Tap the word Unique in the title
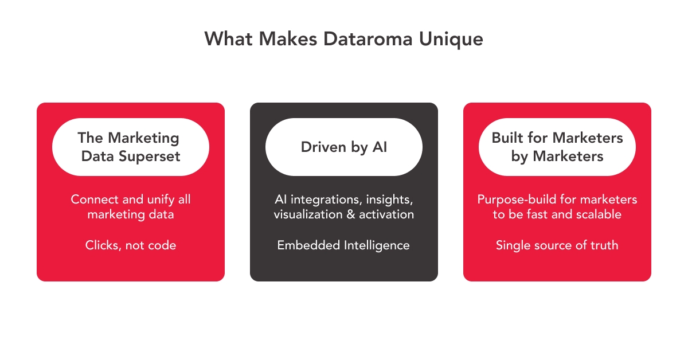(x=453, y=39)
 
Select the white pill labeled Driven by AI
(x=344, y=147)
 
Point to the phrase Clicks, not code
(x=131, y=245)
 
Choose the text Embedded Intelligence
(x=343, y=245)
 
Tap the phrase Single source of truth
(x=557, y=245)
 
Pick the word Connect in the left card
(x=93, y=199)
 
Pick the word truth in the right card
(x=603, y=245)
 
